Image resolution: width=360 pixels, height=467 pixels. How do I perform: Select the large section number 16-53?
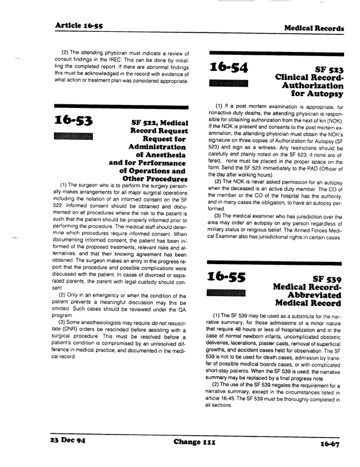[x=77, y=121]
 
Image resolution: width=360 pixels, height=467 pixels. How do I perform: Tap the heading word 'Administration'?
[x=155, y=146]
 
